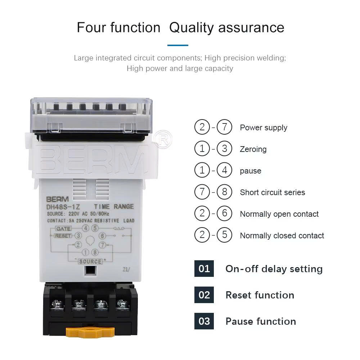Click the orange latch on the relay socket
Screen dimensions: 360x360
click(x=90, y=332)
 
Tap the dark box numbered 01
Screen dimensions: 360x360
click(x=204, y=269)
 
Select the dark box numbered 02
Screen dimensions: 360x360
click(x=204, y=295)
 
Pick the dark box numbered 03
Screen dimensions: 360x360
click(x=204, y=321)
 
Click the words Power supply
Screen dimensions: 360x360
click(x=264, y=128)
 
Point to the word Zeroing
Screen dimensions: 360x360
click(x=253, y=149)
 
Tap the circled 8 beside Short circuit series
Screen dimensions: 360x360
click(x=224, y=192)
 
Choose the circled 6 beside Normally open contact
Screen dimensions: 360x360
click(x=224, y=213)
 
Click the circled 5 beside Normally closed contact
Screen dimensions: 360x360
click(x=224, y=235)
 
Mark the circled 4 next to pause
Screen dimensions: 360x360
click(x=224, y=170)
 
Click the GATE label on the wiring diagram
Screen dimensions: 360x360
click(x=63, y=229)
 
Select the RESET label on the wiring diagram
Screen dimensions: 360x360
click(x=63, y=236)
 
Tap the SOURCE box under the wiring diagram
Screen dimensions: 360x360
click(x=90, y=261)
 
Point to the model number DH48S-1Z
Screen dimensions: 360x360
click(x=63, y=207)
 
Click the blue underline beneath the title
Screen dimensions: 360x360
click(x=178, y=45)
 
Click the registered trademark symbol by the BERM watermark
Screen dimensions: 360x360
click(x=163, y=139)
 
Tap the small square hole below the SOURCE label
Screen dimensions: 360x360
click(x=90, y=270)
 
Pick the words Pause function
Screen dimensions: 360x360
click(x=261, y=321)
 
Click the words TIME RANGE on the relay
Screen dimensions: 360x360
click(x=114, y=206)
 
